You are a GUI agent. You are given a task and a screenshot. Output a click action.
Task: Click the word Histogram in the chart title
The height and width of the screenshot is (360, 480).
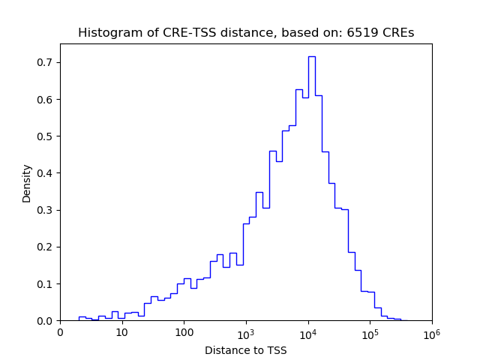[x=106, y=33]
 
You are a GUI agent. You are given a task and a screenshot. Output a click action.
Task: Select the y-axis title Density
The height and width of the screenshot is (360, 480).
[x=27, y=183]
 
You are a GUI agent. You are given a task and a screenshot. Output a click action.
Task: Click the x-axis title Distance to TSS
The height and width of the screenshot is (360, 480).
[x=246, y=350]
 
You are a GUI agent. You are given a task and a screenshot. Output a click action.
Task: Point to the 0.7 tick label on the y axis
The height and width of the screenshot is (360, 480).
[x=45, y=62]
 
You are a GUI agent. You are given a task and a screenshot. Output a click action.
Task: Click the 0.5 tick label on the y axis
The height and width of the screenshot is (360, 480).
[x=45, y=136]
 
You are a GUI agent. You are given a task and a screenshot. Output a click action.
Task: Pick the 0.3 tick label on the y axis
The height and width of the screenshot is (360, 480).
[x=45, y=210]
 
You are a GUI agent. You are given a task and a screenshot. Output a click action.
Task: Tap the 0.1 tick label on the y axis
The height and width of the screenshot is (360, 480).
[x=45, y=283]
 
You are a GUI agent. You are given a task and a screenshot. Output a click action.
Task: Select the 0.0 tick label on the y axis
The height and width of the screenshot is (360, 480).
[x=45, y=320]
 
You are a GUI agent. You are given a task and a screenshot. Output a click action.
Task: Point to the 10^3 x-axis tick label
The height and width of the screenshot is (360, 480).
[x=246, y=332]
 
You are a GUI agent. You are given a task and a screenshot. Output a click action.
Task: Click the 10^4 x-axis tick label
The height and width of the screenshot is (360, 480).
[x=308, y=332]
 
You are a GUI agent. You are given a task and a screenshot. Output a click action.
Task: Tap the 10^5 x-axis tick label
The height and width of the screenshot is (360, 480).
[x=370, y=332]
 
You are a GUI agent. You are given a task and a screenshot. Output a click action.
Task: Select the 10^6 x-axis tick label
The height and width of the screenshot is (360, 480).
[x=432, y=332]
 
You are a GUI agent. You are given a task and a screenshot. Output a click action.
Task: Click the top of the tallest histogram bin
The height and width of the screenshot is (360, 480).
[x=311, y=56]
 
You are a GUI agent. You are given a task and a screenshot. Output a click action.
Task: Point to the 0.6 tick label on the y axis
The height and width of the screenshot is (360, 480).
[x=45, y=99]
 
